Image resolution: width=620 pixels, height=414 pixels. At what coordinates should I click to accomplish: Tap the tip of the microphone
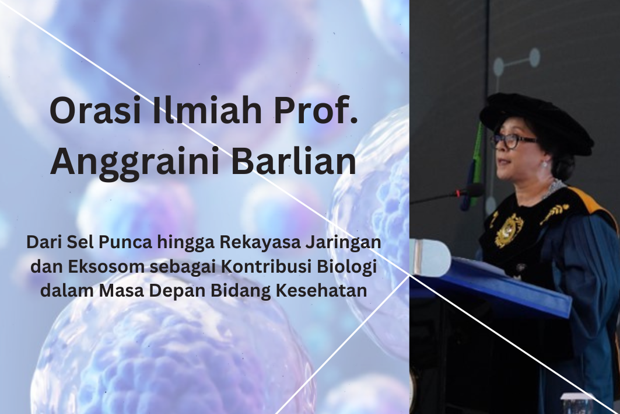click(x=477, y=190)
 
